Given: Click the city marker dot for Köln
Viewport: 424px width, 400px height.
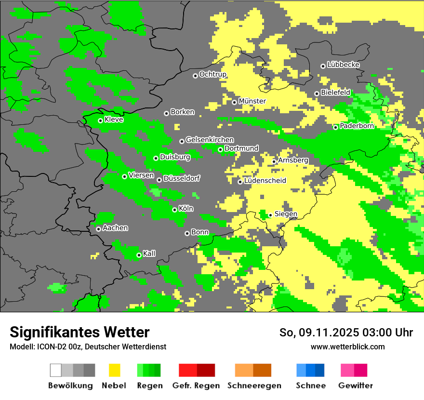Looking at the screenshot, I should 175,210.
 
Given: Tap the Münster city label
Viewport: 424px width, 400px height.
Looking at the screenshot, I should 252,101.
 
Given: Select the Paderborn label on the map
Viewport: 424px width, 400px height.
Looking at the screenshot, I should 357,126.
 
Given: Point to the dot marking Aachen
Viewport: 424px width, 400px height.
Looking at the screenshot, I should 98,229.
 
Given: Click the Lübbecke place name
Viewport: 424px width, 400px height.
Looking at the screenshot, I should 343,65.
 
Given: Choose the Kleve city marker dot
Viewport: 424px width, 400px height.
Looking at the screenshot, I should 100,120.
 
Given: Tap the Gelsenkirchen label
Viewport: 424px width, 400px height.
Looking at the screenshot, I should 210,140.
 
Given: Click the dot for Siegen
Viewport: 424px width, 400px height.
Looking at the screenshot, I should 270,215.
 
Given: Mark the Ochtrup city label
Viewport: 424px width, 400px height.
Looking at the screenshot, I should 212,74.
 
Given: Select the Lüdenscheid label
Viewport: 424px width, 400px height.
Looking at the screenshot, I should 265,181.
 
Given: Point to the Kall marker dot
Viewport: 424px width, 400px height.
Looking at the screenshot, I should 139,255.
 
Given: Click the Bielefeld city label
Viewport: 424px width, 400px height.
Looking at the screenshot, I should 335,92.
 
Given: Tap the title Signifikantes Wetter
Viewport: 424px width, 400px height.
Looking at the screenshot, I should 79,333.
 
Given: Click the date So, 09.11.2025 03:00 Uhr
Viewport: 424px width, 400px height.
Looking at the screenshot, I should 346,333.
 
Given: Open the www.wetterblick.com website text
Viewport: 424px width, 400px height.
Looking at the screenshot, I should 347,347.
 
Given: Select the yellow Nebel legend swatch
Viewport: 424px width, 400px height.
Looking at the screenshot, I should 114,370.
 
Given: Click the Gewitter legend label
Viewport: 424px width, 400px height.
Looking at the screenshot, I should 355,386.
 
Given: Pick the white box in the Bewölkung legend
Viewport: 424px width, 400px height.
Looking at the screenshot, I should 56,370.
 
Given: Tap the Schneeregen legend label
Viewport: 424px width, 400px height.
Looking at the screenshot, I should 254,386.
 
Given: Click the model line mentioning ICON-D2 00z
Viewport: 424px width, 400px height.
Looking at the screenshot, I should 88,347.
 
